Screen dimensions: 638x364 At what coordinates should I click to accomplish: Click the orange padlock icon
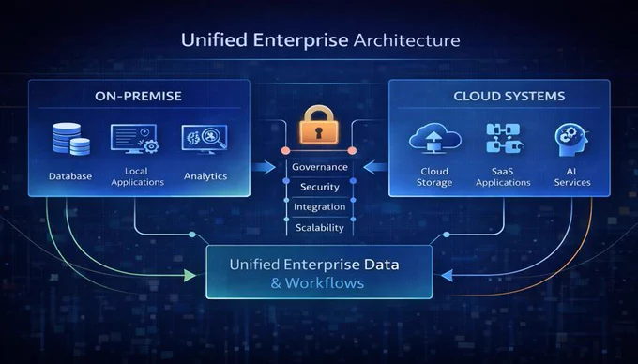pyautogui.click(x=319, y=125)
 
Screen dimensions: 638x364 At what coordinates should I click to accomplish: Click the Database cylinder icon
pyautogui.click(x=70, y=139)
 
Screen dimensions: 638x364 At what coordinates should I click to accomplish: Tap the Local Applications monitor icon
pyautogui.click(x=135, y=139)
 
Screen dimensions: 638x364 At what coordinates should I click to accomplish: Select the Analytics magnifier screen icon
pyautogui.click(x=205, y=139)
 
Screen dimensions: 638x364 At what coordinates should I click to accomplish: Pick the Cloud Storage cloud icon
pyautogui.click(x=434, y=138)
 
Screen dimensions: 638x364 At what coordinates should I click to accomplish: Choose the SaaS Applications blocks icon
pyautogui.click(x=503, y=138)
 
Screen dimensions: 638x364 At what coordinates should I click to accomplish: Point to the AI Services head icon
pyautogui.click(x=571, y=140)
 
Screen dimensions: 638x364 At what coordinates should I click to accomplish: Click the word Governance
pyautogui.click(x=320, y=167)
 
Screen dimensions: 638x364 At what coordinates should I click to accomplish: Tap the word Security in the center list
pyautogui.click(x=320, y=187)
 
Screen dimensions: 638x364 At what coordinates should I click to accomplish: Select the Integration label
pyautogui.click(x=319, y=207)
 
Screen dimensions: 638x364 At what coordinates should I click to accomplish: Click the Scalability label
pyautogui.click(x=320, y=227)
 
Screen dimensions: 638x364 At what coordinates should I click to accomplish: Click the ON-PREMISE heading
pyautogui.click(x=138, y=96)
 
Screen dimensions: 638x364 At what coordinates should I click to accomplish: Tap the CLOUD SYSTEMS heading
pyautogui.click(x=509, y=96)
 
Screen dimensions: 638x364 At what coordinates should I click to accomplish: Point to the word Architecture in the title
pyautogui.click(x=407, y=40)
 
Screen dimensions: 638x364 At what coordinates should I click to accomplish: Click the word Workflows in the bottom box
pyautogui.click(x=325, y=282)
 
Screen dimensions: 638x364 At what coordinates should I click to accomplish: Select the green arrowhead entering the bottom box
pyautogui.click(x=190, y=275)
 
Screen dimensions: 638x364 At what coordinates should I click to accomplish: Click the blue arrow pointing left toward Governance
pyautogui.click(x=375, y=167)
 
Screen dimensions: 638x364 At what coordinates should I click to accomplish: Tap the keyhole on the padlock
pyautogui.click(x=319, y=131)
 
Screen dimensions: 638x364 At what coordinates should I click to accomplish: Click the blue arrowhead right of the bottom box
pyautogui.click(x=447, y=276)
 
